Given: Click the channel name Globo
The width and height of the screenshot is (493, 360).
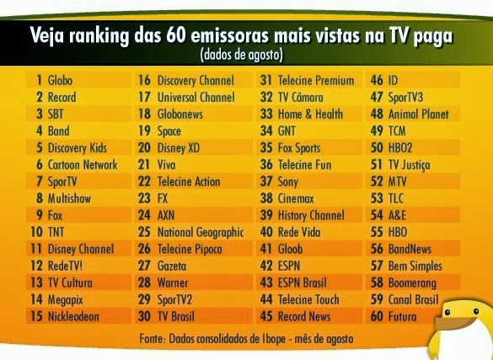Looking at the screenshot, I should pos(60,81).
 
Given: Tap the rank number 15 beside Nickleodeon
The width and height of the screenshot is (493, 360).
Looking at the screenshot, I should pos(36,316).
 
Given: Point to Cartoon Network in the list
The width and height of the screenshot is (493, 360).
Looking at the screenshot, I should pos(83,165).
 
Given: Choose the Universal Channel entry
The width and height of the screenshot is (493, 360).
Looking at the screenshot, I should pos(196,98).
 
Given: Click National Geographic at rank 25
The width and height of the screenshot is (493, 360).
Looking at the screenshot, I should pos(200,232).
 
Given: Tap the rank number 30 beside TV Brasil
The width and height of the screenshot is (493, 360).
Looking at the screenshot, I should pos(143,316).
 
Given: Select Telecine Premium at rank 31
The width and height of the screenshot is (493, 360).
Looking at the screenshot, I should pos(317,81).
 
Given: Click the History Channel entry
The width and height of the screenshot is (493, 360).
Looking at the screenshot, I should pos(311,215).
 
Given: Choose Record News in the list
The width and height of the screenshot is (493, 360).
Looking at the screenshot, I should pos(304,316).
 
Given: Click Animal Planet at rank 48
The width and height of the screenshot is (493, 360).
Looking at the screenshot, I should pos(419,115).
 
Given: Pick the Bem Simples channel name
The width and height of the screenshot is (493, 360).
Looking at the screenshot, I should pos(415,266).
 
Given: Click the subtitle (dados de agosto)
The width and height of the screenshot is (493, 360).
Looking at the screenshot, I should pos(241,55).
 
